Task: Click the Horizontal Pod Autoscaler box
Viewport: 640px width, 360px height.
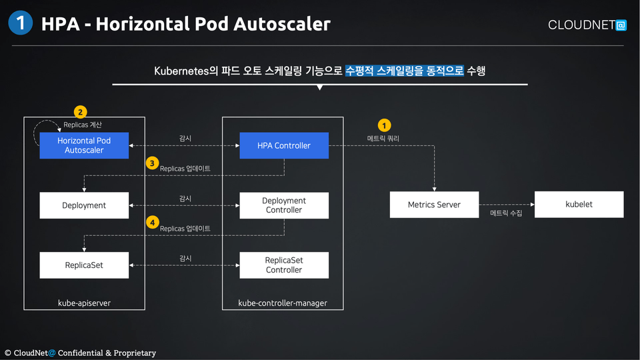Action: (84, 145)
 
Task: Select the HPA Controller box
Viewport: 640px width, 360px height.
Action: (284, 145)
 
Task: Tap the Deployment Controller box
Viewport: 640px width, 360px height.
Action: (284, 205)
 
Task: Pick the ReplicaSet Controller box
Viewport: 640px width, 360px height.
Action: (284, 265)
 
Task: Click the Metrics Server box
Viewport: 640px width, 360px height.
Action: (434, 205)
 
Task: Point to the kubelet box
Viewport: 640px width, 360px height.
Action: (579, 205)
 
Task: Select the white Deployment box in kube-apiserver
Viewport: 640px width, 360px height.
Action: (84, 205)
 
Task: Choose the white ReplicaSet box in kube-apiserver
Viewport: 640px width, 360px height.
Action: (84, 265)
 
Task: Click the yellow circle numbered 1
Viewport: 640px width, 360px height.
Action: (384, 125)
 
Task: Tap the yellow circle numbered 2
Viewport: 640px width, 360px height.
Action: (80, 112)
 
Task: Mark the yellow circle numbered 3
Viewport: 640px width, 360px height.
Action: (152, 163)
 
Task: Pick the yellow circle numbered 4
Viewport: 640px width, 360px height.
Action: (152, 223)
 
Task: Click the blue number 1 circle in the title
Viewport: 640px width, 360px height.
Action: (21, 23)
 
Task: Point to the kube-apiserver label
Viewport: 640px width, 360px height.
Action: (84, 303)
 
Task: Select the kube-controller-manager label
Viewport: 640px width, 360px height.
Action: (283, 303)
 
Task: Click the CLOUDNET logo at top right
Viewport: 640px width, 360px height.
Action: (587, 25)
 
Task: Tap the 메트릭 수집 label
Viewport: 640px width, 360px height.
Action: (506, 213)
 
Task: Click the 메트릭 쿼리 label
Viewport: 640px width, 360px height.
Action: (383, 139)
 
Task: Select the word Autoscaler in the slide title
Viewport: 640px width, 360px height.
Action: (282, 24)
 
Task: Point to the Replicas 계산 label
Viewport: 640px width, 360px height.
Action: (83, 125)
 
